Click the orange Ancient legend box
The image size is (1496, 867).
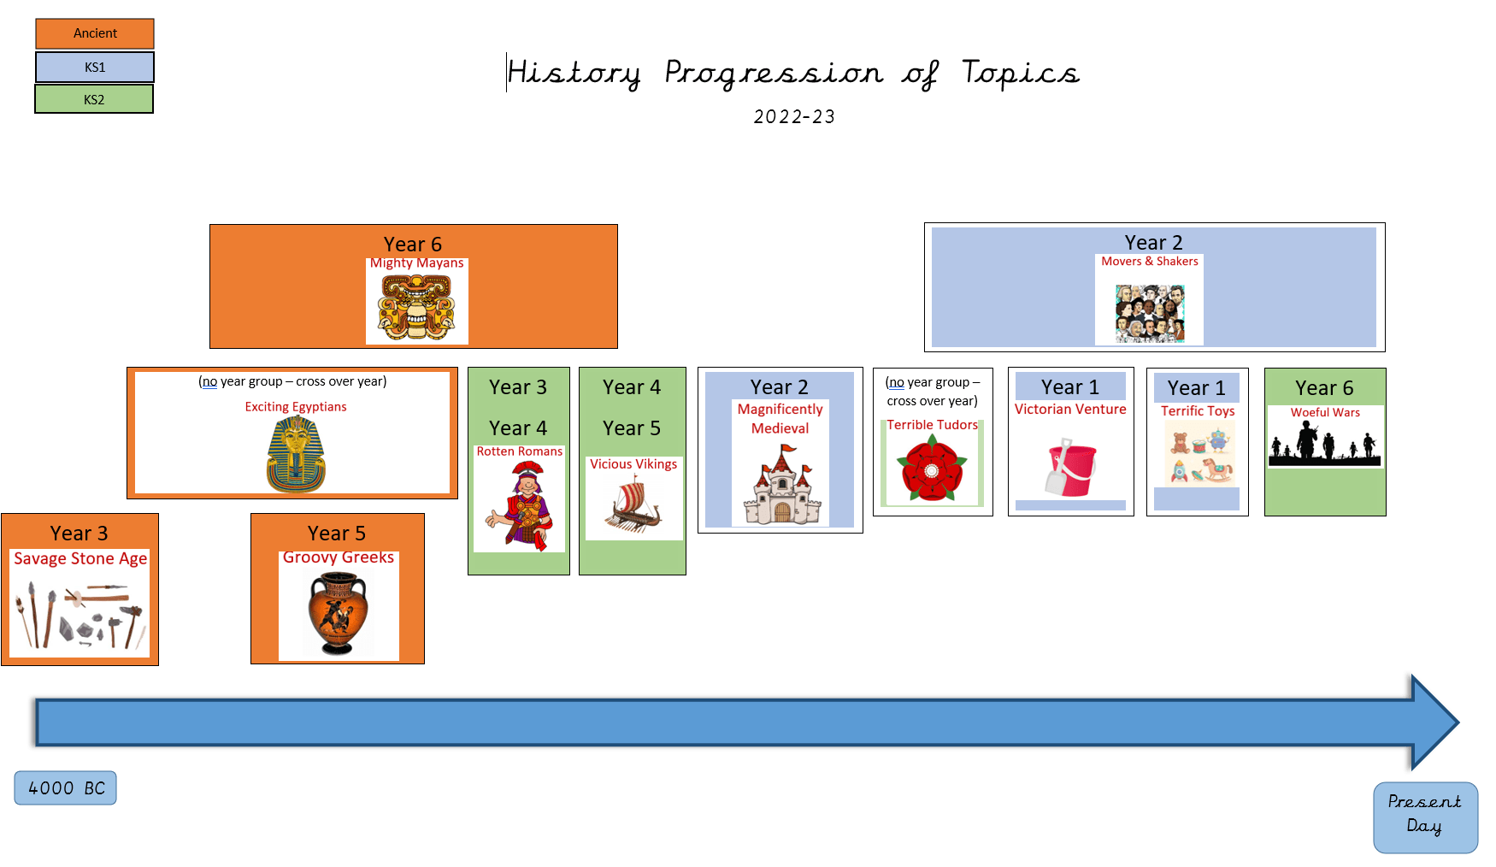tap(95, 33)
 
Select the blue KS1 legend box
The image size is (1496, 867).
tap(95, 67)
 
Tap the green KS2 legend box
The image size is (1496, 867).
tap(94, 99)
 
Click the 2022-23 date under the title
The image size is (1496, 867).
tap(794, 117)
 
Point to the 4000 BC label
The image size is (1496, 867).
tap(66, 788)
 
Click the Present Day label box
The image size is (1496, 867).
tap(1425, 817)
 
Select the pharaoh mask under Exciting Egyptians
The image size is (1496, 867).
tap(296, 454)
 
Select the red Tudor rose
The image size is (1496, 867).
tap(932, 468)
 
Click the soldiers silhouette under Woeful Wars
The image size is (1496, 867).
tap(1324, 444)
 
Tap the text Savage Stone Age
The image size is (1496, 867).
tap(80, 559)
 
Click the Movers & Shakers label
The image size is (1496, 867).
tap(1150, 262)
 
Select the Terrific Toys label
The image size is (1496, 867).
tap(1198, 411)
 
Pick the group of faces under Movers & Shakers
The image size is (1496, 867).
tap(1150, 314)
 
